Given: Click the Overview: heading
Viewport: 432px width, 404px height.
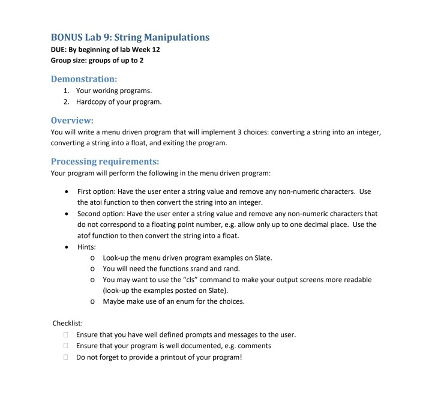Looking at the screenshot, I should [72, 120].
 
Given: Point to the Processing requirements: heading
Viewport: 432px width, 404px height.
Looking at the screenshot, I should [105, 161].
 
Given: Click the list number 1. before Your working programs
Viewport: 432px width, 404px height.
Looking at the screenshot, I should [66, 91].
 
